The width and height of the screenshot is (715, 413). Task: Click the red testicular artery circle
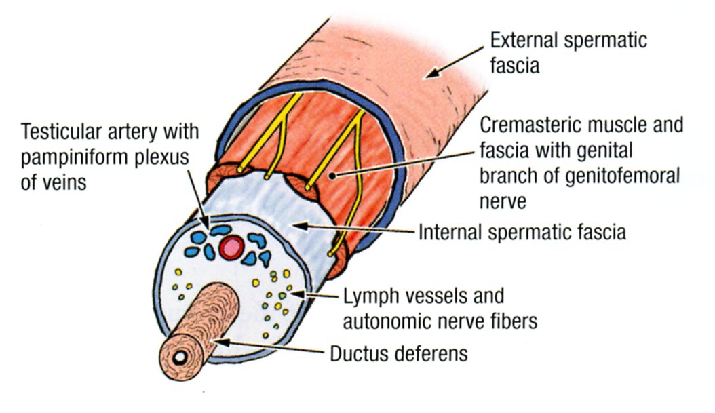point(231,249)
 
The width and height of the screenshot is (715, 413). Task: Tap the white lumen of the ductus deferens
point(179,356)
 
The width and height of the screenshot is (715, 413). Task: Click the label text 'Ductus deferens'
point(398,353)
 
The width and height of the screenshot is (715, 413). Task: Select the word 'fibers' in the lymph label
point(514,320)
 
